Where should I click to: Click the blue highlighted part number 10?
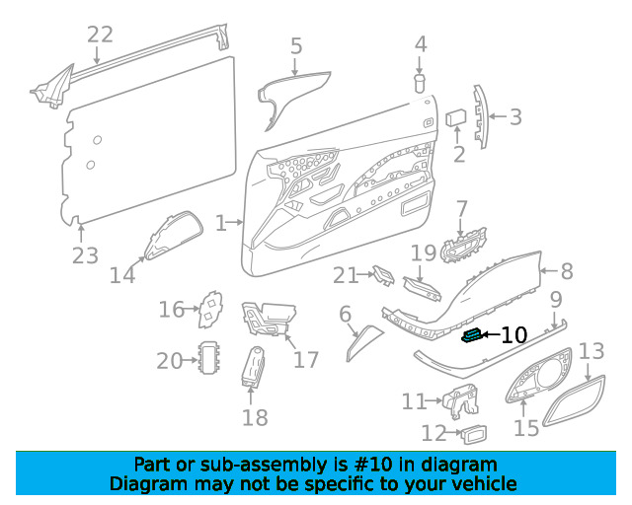click(x=472, y=335)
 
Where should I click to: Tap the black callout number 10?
click(x=513, y=335)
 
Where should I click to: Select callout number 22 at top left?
click(x=101, y=35)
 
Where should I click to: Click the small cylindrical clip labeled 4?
click(x=420, y=83)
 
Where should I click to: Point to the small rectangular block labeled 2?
click(x=456, y=117)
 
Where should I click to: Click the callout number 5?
click(x=296, y=46)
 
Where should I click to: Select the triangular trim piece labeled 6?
click(x=364, y=342)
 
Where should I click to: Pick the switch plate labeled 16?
click(x=210, y=310)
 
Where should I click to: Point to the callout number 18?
click(x=255, y=417)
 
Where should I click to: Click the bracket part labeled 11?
click(x=461, y=401)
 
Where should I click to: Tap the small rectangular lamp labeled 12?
click(x=475, y=434)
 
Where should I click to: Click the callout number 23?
click(x=85, y=255)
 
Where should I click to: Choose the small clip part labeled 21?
click(x=384, y=275)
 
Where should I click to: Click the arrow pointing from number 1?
click(x=235, y=222)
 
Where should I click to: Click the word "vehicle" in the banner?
click(x=487, y=483)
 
